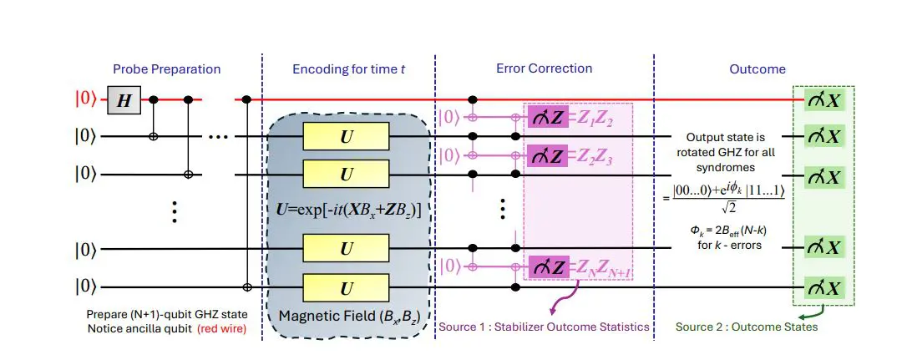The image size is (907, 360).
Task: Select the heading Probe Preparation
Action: [x=168, y=69]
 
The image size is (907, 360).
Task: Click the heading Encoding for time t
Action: [x=349, y=69]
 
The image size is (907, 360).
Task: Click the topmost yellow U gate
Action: [x=345, y=135]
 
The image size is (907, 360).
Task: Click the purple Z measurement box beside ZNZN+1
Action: [x=548, y=268]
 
